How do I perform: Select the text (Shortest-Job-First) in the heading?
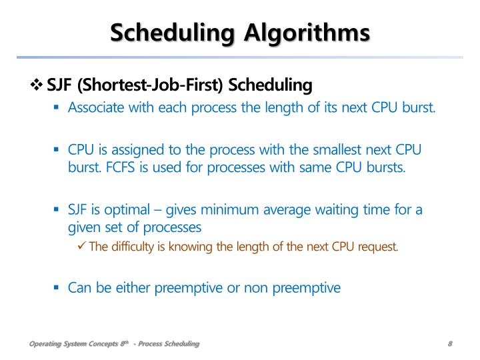point(152,86)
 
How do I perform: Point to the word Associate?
point(93,107)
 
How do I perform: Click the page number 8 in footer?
point(451,344)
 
